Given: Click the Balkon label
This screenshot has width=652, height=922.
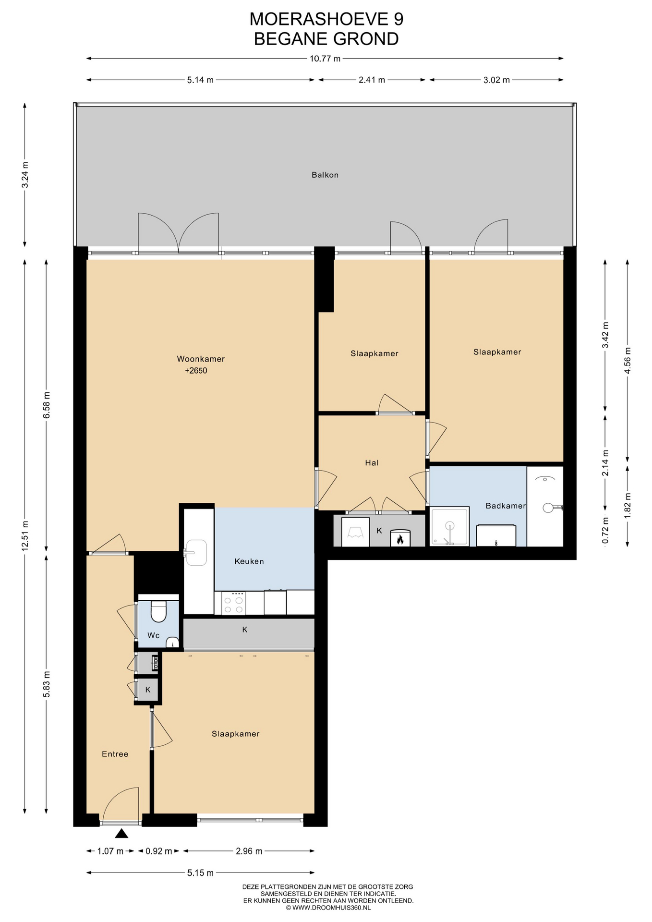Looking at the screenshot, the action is pyautogui.click(x=325, y=175).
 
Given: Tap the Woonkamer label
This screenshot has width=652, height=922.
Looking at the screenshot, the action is pyautogui.click(x=201, y=359).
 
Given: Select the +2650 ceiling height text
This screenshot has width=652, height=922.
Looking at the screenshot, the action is pyautogui.click(x=196, y=371).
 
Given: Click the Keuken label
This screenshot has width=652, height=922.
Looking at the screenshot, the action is pyautogui.click(x=249, y=561).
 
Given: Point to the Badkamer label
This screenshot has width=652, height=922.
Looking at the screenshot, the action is pyautogui.click(x=506, y=506).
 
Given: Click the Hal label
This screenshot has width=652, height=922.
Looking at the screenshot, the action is pyautogui.click(x=372, y=463).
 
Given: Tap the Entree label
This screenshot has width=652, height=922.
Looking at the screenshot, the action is pyautogui.click(x=115, y=754).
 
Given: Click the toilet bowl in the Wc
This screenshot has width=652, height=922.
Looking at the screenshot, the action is pyautogui.click(x=158, y=611).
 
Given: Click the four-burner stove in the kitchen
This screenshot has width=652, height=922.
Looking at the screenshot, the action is pyautogui.click(x=233, y=603).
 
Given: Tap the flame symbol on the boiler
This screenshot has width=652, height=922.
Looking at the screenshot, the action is pyautogui.click(x=400, y=540).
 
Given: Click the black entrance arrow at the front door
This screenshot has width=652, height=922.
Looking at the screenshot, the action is pyautogui.click(x=121, y=834).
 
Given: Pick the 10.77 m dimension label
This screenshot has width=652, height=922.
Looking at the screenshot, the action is pyautogui.click(x=325, y=59).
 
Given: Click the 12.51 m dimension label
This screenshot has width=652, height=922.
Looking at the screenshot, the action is pyautogui.click(x=25, y=536).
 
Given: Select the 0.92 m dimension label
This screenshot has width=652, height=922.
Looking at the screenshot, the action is pyautogui.click(x=159, y=851).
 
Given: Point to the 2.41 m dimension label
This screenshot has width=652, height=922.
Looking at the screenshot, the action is pyautogui.click(x=372, y=80).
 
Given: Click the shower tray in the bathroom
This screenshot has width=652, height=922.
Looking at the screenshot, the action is pyautogui.click(x=449, y=527).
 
